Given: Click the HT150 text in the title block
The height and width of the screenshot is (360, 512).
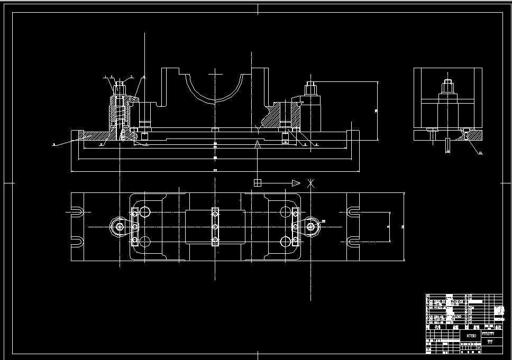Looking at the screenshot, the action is [x=471, y=335].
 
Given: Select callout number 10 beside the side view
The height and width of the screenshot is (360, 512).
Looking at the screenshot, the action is [x=480, y=153].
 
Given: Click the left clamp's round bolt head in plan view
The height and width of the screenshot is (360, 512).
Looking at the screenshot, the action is [x=118, y=227].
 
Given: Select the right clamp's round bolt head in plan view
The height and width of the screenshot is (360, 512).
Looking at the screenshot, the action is [x=312, y=227].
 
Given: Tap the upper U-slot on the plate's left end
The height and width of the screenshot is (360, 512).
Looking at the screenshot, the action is [x=78, y=212].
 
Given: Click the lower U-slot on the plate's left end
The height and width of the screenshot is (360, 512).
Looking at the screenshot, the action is [x=78, y=242].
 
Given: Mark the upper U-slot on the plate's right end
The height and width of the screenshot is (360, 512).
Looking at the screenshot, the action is [x=353, y=212].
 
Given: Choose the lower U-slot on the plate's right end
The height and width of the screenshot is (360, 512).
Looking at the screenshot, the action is [x=353, y=242].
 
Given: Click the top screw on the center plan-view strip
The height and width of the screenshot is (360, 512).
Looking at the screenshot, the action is [x=215, y=213].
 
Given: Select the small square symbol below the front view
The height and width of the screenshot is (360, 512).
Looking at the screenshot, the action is [x=258, y=183].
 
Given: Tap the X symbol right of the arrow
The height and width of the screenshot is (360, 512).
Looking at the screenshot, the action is [x=311, y=183].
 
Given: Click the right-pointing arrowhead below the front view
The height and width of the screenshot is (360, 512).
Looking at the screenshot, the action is [x=295, y=183].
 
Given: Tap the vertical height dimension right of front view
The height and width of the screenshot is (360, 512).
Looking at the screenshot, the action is [x=377, y=110].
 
